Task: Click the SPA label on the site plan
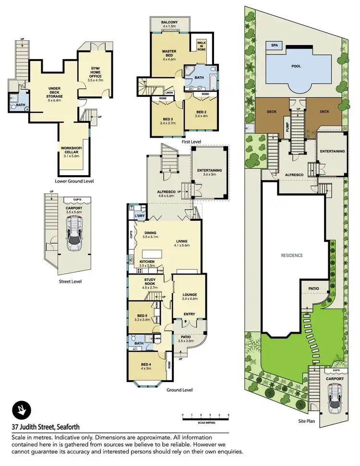coord(274,45)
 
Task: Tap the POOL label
coord(296,66)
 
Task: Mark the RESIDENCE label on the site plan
coord(292,255)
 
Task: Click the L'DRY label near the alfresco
coord(140,216)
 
